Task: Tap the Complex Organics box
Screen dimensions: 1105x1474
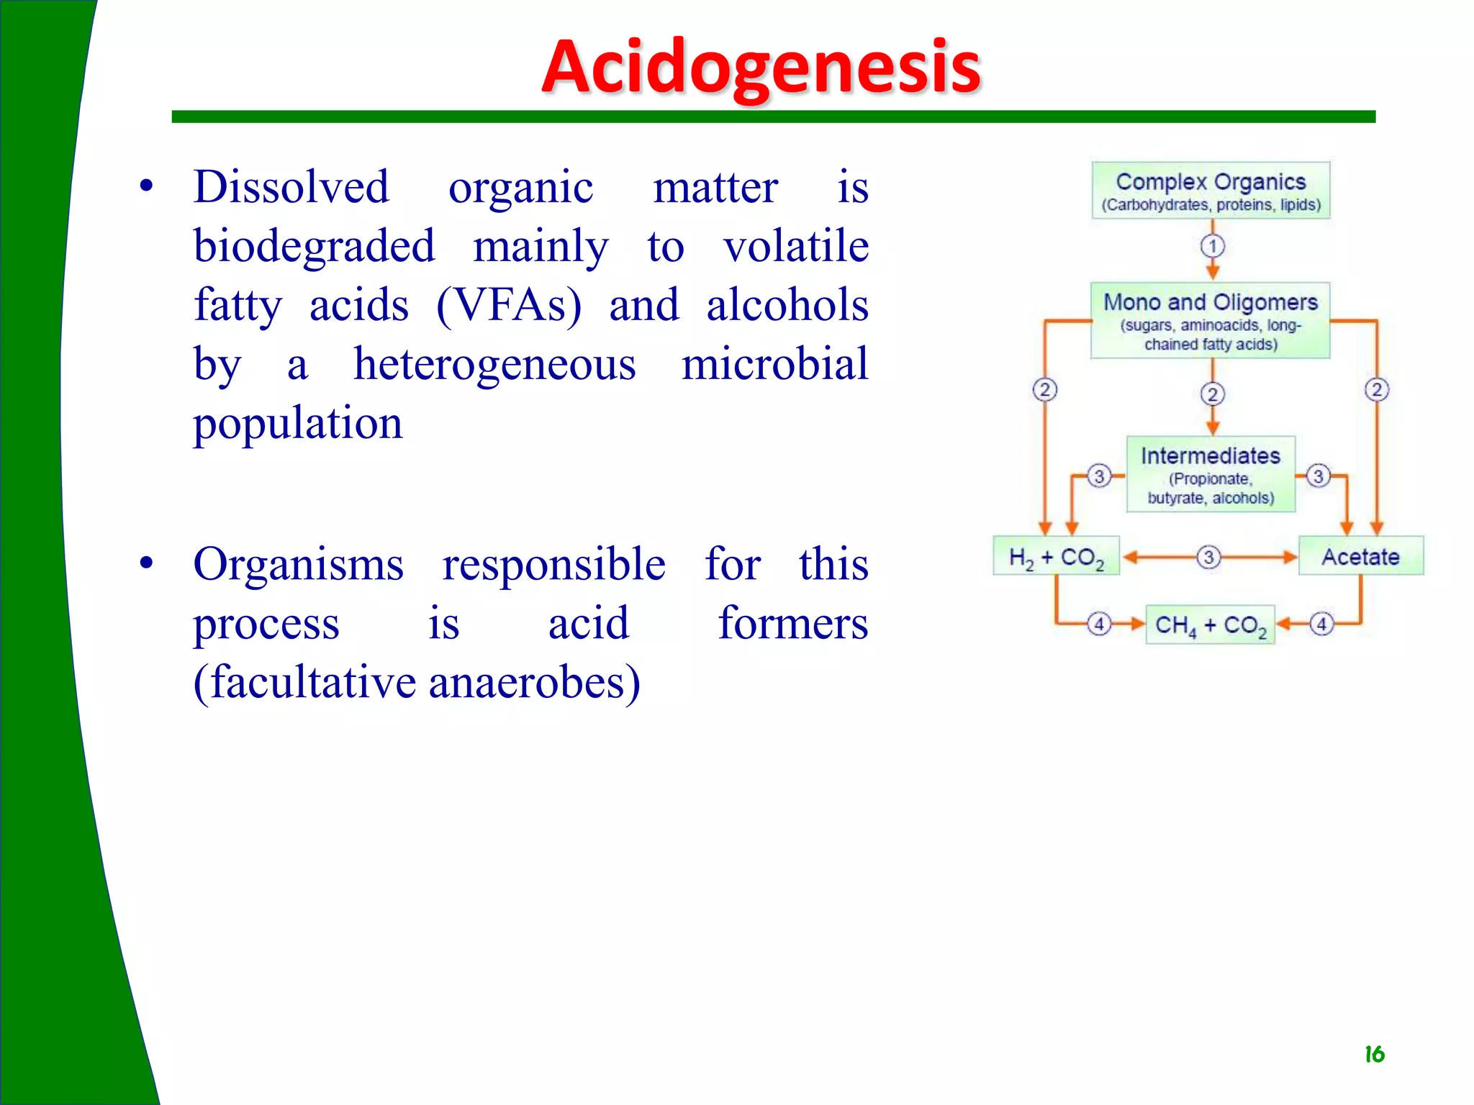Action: pos(1211,191)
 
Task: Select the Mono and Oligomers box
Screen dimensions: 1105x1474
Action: pos(1211,321)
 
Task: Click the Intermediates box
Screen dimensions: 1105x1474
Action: pos(1211,474)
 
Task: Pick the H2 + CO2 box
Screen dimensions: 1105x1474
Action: pos(1056,556)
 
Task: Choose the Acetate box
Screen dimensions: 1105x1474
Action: pos(1360,556)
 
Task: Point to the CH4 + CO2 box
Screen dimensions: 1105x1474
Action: pos(1210,624)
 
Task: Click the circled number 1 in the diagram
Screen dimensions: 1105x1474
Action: pos(1213,246)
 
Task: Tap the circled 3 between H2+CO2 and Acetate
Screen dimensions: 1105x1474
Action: pos(1208,557)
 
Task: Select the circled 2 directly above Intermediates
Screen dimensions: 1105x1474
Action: pos(1213,394)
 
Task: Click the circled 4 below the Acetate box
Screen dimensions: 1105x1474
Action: pos(1321,623)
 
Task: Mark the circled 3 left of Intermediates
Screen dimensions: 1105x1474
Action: pos(1099,476)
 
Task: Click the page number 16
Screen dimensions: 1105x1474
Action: pos(1374,1055)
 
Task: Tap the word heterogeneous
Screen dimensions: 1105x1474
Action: pos(494,364)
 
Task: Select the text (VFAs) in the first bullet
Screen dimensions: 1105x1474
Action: pos(509,305)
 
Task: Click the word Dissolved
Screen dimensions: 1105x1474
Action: pos(291,187)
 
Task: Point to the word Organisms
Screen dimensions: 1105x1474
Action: pos(298,564)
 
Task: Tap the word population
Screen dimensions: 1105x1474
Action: pos(298,423)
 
